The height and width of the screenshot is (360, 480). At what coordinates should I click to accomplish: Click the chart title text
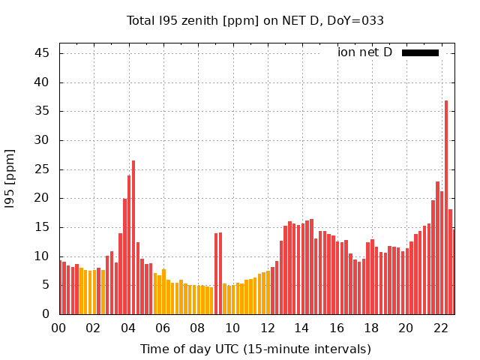click(x=255, y=21)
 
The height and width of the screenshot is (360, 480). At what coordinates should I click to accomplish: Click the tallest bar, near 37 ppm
click(x=446, y=207)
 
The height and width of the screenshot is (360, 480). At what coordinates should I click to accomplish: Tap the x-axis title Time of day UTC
click(x=256, y=349)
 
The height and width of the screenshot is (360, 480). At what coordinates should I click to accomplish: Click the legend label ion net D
click(x=364, y=52)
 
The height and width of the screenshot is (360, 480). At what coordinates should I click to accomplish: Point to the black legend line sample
click(x=420, y=52)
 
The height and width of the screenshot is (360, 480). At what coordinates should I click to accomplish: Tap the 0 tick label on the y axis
click(x=46, y=314)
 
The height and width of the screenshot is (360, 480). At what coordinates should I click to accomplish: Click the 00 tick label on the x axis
click(x=58, y=328)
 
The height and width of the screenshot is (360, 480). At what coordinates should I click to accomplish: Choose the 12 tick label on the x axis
click(x=267, y=328)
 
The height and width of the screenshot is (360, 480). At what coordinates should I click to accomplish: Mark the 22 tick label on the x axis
click(x=441, y=328)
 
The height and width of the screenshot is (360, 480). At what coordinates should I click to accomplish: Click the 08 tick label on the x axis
click(x=197, y=328)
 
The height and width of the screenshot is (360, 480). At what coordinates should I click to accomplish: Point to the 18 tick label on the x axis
click(x=371, y=328)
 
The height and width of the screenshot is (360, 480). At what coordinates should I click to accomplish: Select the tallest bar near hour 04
click(x=133, y=237)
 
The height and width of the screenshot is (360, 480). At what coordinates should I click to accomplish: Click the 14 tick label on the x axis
click(x=301, y=328)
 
